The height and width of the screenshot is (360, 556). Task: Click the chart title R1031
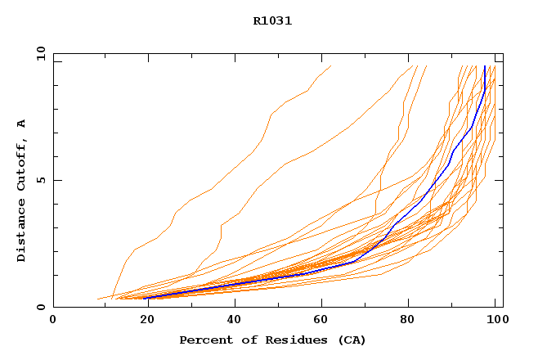(272, 21)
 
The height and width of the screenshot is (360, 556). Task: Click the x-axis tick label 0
(53, 321)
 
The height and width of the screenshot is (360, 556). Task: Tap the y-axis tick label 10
(40, 54)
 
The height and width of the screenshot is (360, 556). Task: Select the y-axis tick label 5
(43, 180)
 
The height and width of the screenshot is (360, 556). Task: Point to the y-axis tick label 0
(43, 307)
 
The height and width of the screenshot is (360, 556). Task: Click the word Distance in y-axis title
(22, 232)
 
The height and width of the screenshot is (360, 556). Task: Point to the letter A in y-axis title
(22, 124)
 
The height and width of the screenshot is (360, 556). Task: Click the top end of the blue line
(485, 66)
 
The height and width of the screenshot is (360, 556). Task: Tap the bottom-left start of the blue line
(146, 298)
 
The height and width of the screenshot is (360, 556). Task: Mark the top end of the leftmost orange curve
(331, 66)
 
